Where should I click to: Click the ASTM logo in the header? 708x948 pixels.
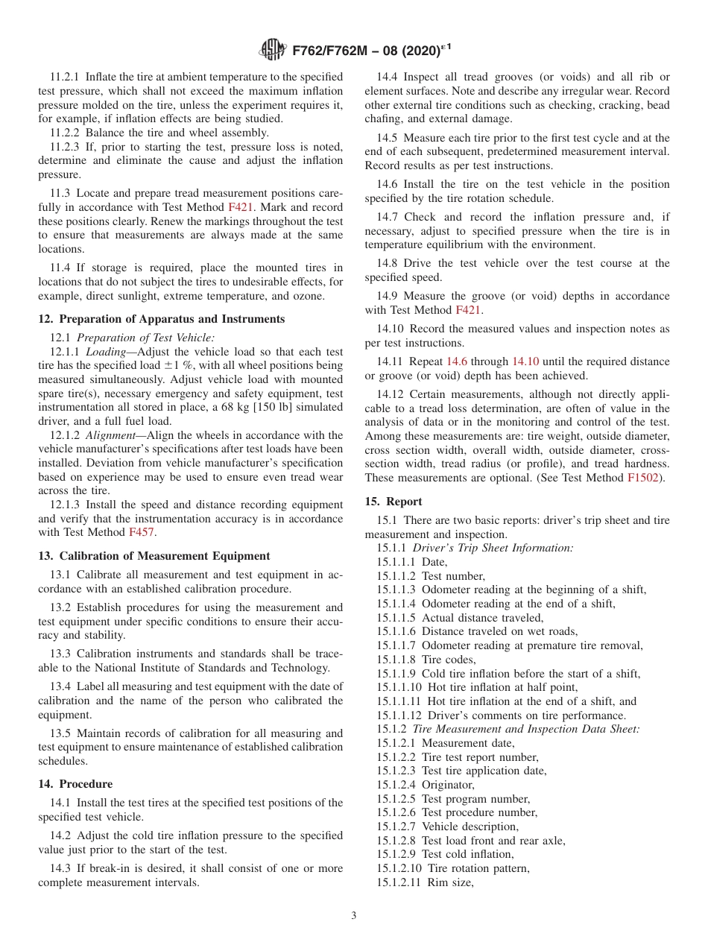pyautogui.click(x=273, y=51)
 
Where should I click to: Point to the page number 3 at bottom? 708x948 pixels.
pyautogui.click(x=354, y=916)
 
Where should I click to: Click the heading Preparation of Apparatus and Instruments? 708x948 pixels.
pyautogui.click(x=161, y=319)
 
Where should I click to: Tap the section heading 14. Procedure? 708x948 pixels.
pyautogui.click(x=75, y=784)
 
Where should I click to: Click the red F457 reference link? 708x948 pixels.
pyautogui.click(x=142, y=532)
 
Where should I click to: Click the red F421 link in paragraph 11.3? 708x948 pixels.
pyautogui.click(x=241, y=207)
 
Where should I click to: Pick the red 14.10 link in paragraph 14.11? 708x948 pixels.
pyautogui.click(x=527, y=361)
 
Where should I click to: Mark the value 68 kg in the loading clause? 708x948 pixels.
pyautogui.click(x=224, y=407)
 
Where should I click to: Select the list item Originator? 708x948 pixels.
pyautogui.click(x=448, y=785)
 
